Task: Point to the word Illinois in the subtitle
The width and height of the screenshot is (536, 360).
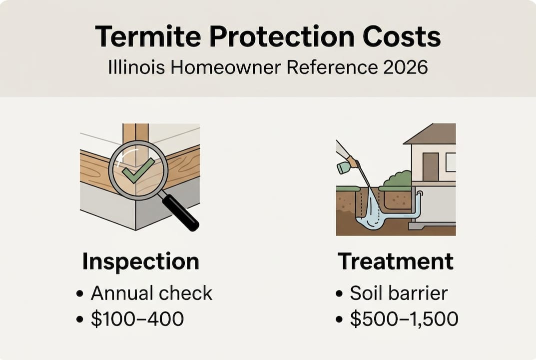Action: click(x=132, y=67)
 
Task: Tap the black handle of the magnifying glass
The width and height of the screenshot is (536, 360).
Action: click(x=180, y=212)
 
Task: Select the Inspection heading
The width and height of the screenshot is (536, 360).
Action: click(x=140, y=261)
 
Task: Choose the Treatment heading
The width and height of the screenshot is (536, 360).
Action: click(x=396, y=261)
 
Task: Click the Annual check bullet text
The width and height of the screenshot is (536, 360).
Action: click(x=151, y=293)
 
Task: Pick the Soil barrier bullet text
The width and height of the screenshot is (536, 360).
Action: click(x=399, y=293)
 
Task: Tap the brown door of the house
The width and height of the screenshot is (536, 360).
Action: click(x=430, y=166)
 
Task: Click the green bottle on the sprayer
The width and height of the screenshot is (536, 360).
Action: click(x=343, y=167)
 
